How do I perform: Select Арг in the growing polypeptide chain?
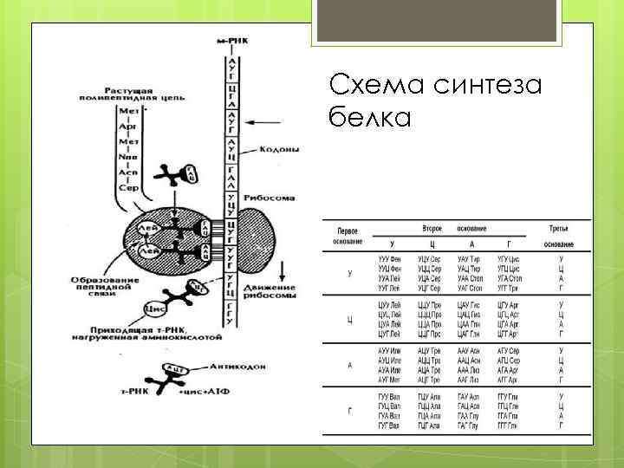pyautogui.click(x=127, y=126)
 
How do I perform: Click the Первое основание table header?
pyautogui.click(x=349, y=237)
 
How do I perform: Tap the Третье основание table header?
pyautogui.click(x=560, y=237)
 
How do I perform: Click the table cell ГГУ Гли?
pyautogui.click(x=508, y=394)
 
